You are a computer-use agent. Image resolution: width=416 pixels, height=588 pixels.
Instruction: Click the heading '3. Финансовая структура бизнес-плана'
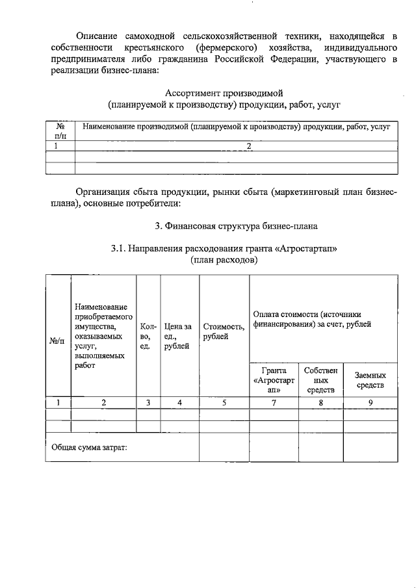click(236, 226)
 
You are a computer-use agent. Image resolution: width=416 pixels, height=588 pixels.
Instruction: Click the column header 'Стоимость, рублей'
click(224, 331)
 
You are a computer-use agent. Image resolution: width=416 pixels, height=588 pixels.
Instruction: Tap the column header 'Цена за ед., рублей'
click(178, 337)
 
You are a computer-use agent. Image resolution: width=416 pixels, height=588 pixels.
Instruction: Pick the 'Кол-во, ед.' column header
click(148, 337)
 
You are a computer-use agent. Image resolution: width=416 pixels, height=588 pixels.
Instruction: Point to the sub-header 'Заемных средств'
click(370, 381)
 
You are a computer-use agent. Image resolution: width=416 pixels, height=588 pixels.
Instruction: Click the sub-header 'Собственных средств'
click(320, 381)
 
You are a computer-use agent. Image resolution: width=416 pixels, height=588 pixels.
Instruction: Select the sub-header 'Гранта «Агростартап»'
click(274, 381)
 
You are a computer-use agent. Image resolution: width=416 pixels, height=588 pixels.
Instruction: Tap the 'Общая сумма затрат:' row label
click(89, 447)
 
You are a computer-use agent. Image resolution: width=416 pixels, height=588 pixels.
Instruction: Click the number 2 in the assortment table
click(248, 147)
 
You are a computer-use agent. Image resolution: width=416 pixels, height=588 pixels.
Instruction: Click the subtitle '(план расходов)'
click(225, 260)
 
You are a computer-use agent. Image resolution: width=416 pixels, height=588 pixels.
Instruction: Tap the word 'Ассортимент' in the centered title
click(191, 93)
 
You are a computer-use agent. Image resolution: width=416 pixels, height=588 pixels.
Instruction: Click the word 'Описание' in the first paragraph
click(96, 36)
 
